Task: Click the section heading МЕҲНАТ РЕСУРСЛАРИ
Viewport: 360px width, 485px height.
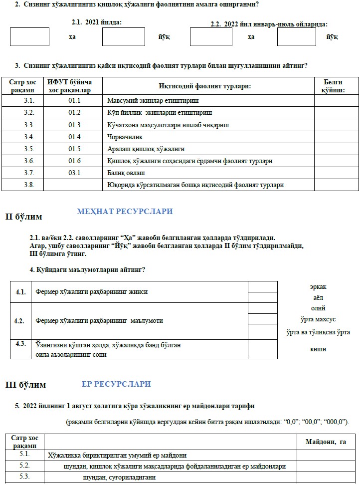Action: pyautogui.click(x=125, y=212)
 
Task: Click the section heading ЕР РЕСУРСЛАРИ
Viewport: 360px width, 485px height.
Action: pyautogui.click(x=116, y=384)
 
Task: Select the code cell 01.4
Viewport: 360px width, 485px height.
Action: pyautogui.click(x=74, y=137)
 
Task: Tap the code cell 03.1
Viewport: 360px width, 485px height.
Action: pyautogui.click(x=74, y=173)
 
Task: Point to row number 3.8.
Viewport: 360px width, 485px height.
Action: pyautogui.click(x=29, y=185)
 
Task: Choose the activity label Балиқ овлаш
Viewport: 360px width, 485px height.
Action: pyautogui.click(x=126, y=173)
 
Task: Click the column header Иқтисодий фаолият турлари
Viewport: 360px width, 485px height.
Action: pyautogui.click(x=204, y=86)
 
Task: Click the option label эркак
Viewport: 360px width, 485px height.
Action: pyautogui.click(x=318, y=287)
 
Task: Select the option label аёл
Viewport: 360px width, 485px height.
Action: pyautogui.click(x=318, y=297)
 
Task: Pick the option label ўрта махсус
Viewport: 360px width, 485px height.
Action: pyautogui.click(x=318, y=319)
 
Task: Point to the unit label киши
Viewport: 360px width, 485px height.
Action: pyautogui.click(x=318, y=349)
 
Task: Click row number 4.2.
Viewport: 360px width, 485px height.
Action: pyautogui.click(x=20, y=321)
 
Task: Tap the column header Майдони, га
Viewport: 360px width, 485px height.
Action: pyautogui.click(x=325, y=442)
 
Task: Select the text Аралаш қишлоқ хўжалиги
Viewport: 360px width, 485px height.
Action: pyautogui.click(x=146, y=149)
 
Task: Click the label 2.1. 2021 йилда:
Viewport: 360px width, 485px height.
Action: pyautogui.click(x=97, y=22)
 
